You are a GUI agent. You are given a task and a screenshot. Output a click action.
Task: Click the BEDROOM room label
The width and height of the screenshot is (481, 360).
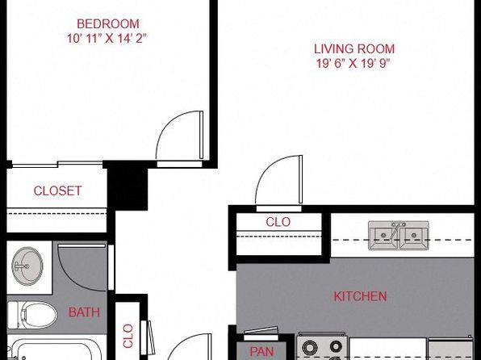[x=108, y=24]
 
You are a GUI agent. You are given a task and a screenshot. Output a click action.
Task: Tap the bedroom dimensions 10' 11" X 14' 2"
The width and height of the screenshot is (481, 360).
[x=107, y=39]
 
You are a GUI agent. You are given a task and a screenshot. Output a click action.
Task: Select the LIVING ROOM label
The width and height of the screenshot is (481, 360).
[x=354, y=49]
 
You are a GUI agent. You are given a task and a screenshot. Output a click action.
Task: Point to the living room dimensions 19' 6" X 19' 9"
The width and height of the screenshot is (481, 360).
[x=353, y=64]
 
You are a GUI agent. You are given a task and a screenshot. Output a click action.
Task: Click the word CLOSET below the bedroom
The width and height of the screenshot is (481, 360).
[x=57, y=190]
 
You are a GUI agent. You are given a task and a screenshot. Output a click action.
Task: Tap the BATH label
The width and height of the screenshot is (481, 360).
[x=84, y=312]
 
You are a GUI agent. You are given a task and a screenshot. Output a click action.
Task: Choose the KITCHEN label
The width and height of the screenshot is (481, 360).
[x=360, y=296]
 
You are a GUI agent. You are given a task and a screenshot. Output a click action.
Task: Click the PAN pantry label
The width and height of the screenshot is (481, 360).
[x=261, y=352]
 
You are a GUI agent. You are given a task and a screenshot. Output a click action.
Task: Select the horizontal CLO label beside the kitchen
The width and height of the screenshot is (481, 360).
[x=278, y=222]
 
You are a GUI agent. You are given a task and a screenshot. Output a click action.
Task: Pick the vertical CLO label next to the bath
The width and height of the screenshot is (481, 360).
[x=128, y=336]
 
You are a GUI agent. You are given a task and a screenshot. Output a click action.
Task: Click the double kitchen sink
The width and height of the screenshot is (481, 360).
[x=399, y=236]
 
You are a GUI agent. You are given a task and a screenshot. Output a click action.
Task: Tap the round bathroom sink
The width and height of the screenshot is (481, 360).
[x=27, y=266]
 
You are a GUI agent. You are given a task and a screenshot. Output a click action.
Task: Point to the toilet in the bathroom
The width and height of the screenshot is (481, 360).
[x=32, y=315]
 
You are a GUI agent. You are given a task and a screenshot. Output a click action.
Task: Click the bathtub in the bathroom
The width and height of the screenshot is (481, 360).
[x=55, y=350]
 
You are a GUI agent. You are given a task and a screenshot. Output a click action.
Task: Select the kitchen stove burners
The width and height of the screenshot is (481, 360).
[x=322, y=347]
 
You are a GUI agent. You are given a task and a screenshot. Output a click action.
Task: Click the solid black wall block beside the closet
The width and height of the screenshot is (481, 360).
[x=128, y=186]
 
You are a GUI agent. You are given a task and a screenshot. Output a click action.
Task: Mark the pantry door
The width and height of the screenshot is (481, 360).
[x=261, y=331]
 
